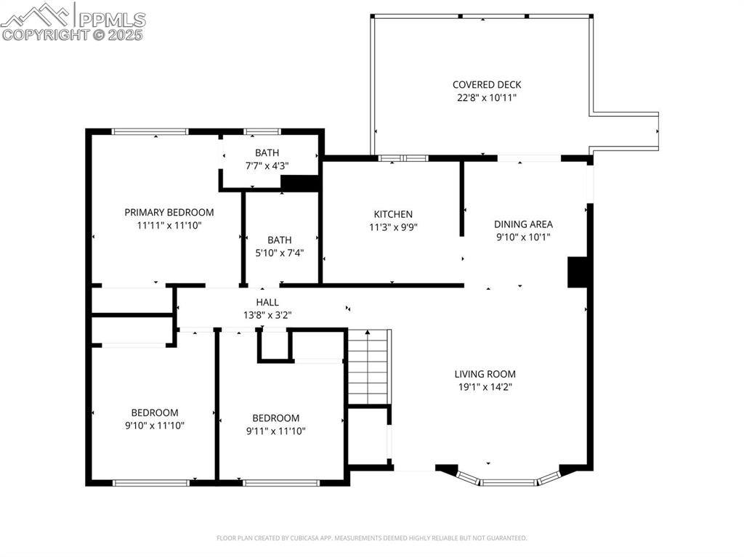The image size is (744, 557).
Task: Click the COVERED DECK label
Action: point(487,85)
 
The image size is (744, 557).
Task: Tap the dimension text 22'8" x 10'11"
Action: point(487,97)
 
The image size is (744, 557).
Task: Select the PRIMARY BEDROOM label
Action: point(169,213)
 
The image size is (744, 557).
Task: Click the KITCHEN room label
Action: point(393,214)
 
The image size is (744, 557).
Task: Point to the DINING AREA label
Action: point(523,224)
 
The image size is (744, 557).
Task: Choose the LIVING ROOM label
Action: point(485,375)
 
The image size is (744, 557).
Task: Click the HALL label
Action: point(267,302)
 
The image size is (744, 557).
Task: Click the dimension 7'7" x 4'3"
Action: point(267,166)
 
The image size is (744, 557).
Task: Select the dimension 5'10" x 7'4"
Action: point(280,253)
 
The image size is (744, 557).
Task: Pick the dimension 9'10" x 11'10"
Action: point(154,426)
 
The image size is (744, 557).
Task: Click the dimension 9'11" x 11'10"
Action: point(275,431)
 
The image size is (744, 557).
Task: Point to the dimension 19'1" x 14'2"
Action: point(485,387)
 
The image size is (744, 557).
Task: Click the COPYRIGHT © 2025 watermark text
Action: point(73,34)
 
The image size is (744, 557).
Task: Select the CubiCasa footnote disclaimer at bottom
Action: point(372,538)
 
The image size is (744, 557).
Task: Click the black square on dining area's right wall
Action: point(577,272)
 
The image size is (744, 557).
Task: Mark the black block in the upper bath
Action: point(300,183)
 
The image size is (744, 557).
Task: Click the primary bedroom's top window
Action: point(150,131)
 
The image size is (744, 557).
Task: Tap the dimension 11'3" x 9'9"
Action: point(393,227)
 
